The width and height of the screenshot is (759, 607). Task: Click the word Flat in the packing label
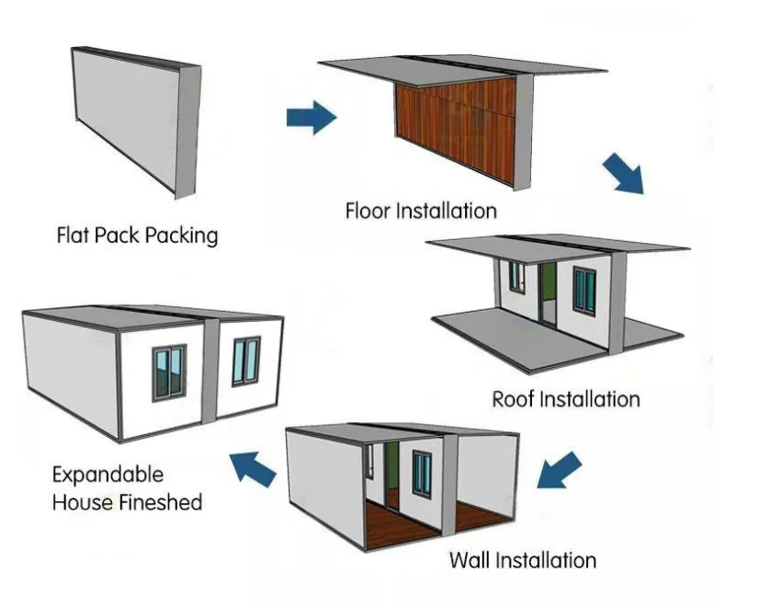pos(74,235)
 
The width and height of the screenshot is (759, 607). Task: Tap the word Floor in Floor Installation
pos(368,212)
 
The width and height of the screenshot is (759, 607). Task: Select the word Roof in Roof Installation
pos(514,400)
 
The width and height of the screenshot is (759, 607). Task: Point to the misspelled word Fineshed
pos(161,502)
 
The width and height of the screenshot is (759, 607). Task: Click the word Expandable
pos(108,475)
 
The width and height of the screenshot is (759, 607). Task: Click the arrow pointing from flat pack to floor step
pos(312,117)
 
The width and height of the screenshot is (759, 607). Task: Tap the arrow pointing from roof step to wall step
pos(559,470)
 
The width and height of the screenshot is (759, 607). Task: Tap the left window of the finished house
pos(169,372)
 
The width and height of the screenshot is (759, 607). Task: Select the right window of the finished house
pos(246,361)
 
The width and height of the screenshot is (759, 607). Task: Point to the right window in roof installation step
pos(584,292)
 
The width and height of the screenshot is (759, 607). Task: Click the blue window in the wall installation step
pos(422,474)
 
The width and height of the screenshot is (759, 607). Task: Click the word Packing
pos(182,236)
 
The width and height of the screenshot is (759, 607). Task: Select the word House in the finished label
pos(84,502)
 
